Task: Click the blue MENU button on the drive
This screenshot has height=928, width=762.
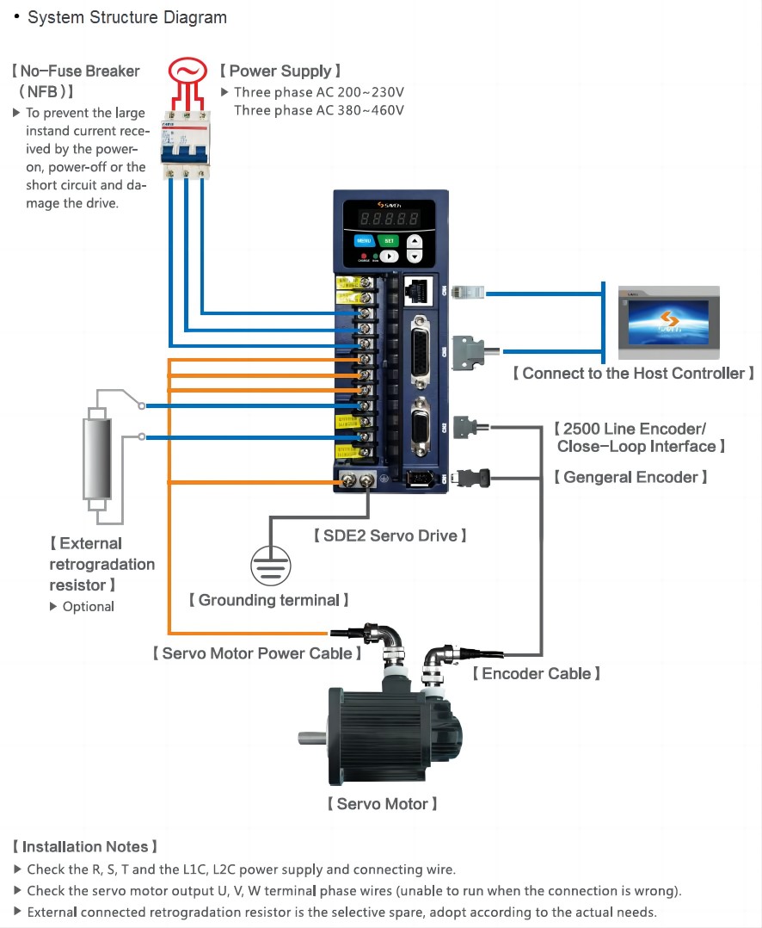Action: (363, 242)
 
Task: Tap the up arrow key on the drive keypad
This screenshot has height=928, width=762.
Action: (415, 242)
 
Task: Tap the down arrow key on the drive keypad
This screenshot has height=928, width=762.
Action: (415, 257)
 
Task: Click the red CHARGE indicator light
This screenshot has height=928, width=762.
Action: (364, 256)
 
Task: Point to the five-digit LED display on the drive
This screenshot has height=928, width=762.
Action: (390, 219)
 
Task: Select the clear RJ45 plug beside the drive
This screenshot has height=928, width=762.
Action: (469, 293)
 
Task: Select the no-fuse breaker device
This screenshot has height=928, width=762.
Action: (185, 141)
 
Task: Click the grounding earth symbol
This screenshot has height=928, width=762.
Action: (271, 567)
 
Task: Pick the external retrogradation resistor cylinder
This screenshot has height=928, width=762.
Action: (96, 458)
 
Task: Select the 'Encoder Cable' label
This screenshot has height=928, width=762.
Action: (536, 673)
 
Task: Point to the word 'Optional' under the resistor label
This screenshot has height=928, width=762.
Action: (88, 607)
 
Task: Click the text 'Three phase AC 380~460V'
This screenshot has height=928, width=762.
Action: (318, 110)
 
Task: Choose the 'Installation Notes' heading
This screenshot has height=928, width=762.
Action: (85, 847)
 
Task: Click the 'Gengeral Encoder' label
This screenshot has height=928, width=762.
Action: (630, 477)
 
